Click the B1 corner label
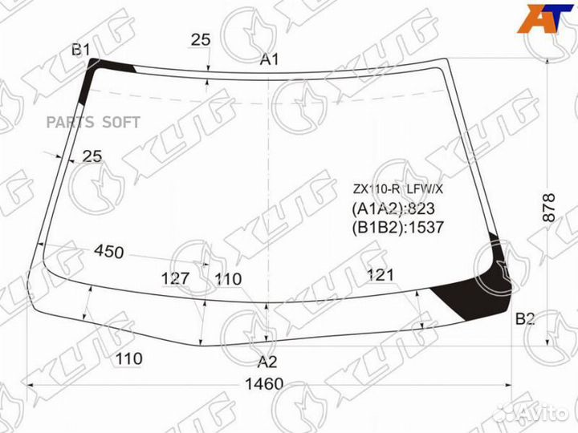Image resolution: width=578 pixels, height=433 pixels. coord(80,51)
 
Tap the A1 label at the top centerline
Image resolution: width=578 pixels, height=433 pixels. coord(269,59)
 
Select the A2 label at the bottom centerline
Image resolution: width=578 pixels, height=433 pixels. coord(267,361)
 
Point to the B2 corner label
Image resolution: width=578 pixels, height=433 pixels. coord(525,319)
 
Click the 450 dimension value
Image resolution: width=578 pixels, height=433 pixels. coord(108,253)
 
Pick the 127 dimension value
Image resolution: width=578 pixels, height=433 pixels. coord(175,278)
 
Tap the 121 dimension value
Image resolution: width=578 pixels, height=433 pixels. coord(381,275)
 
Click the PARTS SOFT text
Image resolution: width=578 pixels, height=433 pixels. coord(93,122)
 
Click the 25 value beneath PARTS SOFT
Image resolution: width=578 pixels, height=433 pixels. coord(92,156)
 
